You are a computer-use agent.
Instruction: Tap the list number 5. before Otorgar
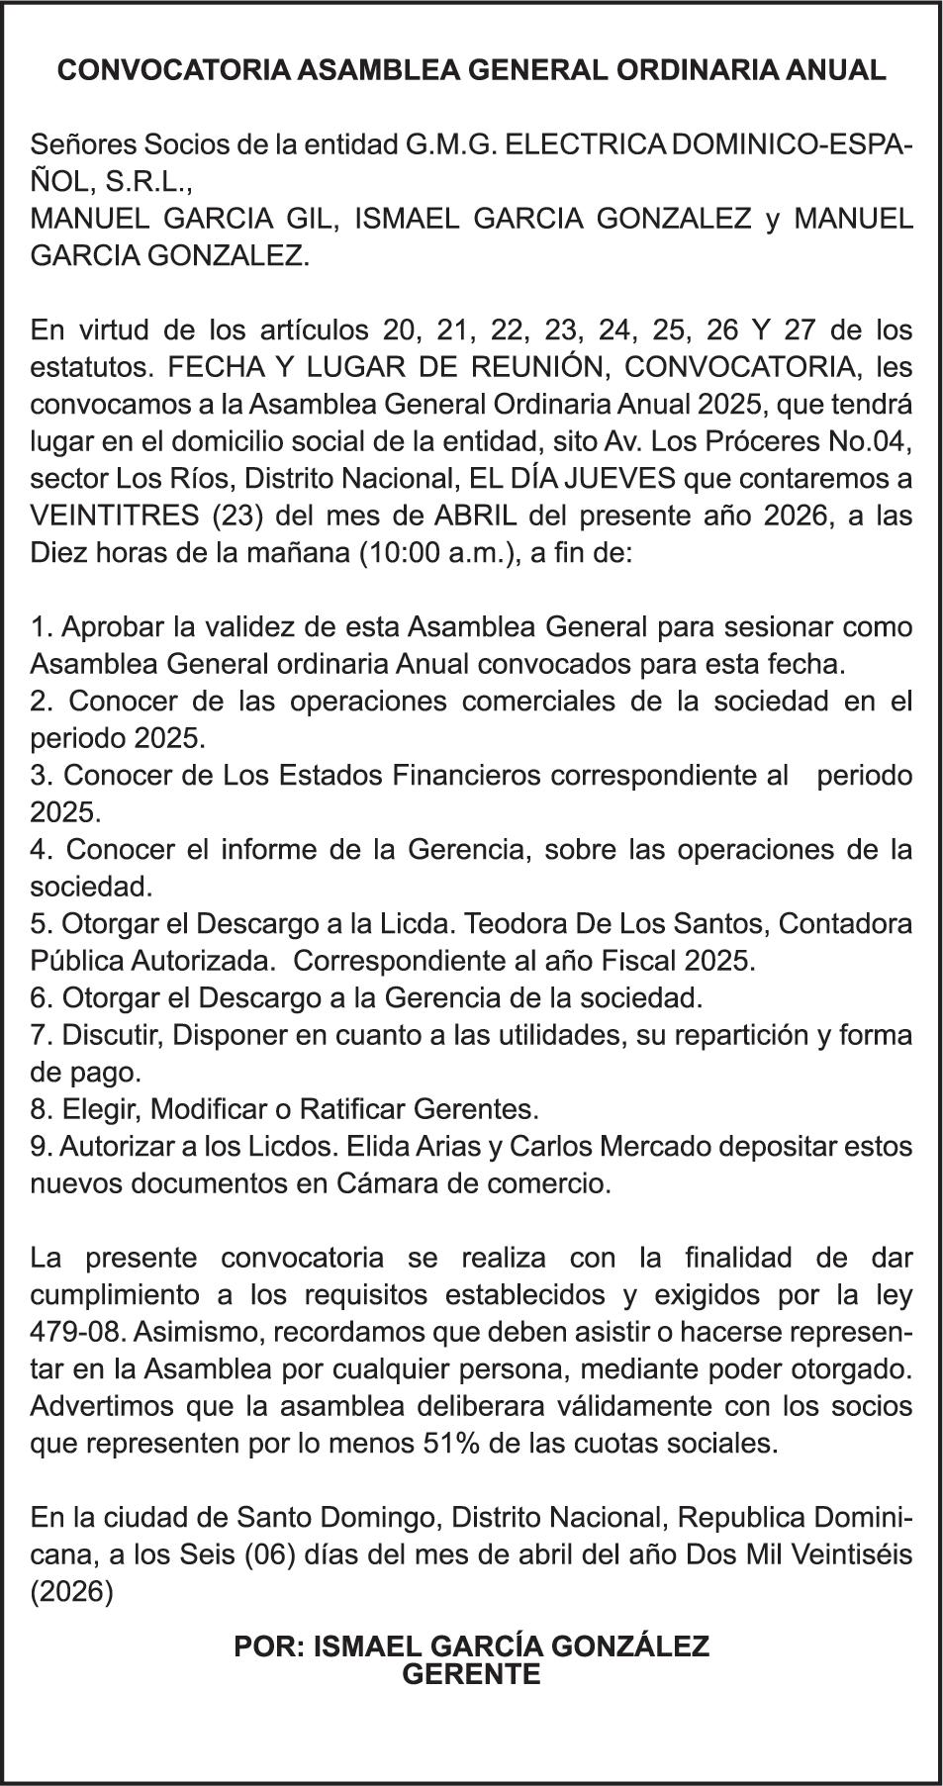click(x=42, y=924)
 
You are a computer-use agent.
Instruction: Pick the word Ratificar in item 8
click(x=360, y=1109)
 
